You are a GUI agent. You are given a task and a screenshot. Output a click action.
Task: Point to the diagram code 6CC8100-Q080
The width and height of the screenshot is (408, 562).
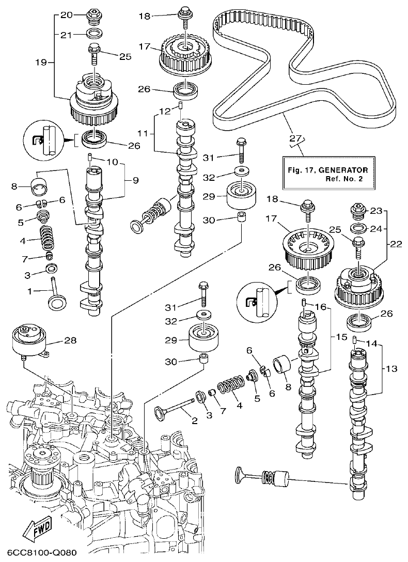coord(39,553)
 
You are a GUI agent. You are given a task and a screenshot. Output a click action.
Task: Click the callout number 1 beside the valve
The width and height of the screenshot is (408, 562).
coord(30,291)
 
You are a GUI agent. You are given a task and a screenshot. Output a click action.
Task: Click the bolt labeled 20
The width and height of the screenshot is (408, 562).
coord(93,16)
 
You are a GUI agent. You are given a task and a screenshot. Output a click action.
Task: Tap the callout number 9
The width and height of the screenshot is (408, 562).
coord(135,180)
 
